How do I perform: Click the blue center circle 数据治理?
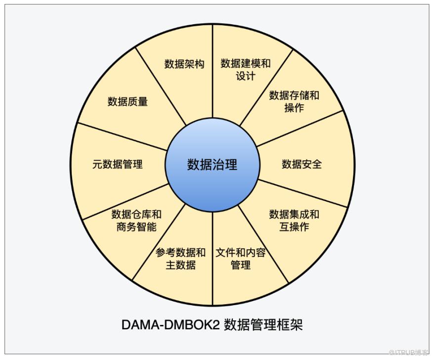[212, 165]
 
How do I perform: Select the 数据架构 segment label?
[184, 64]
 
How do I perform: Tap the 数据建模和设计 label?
[246, 70]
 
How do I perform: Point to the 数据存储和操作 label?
[294, 101]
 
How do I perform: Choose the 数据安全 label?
[302, 164]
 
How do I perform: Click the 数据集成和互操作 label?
[294, 221]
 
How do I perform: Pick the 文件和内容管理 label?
[241, 259]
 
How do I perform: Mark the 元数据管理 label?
[117, 164]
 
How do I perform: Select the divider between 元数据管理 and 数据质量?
[124, 136]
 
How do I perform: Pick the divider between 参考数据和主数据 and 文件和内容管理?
[213, 257]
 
